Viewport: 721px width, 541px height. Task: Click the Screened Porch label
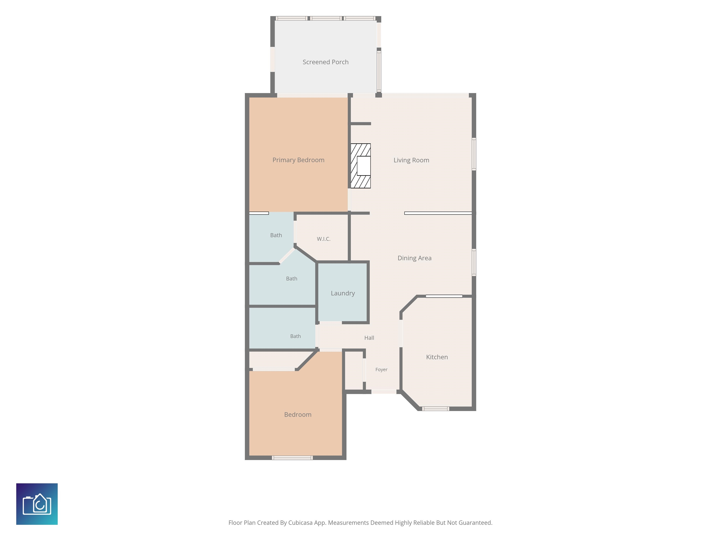click(x=325, y=62)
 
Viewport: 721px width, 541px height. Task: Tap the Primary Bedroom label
click(x=298, y=160)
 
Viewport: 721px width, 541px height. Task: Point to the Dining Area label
click(x=414, y=258)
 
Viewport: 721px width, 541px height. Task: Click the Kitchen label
click(x=437, y=357)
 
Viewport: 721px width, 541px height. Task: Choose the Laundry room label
click(x=343, y=293)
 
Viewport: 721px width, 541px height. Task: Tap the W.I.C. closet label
click(x=323, y=239)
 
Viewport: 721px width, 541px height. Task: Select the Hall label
click(x=369, y=338)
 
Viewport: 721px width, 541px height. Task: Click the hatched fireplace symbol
click(x=360, y=166)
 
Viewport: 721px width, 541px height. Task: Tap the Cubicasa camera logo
click(x=37, y=504)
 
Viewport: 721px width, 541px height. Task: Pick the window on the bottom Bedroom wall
click(x=292, y=458)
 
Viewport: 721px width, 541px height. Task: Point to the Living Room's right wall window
click(x=474, y=154)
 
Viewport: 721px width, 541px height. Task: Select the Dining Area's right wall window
click(x=474, y=263)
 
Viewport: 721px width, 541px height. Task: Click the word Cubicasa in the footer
click(x=300, y=523)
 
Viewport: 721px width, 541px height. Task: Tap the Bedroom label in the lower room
click(x=298, y=414)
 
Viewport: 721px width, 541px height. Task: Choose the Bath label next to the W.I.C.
click(x=276, y=235)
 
